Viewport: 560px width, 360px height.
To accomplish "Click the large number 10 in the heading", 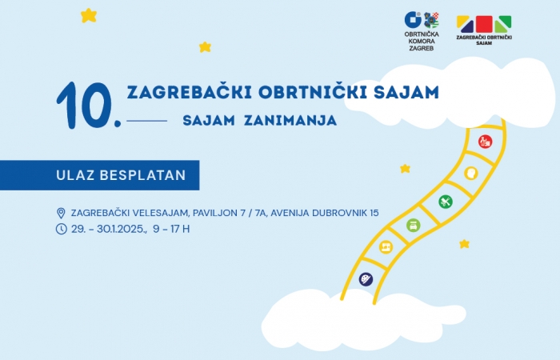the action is (86, 106).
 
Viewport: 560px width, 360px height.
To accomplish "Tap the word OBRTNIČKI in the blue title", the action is (313, 91).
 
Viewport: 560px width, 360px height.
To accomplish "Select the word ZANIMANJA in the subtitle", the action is (290, 120).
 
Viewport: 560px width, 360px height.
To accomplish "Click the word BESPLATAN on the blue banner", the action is (142, 175).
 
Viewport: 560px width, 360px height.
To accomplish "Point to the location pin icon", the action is (61, 213).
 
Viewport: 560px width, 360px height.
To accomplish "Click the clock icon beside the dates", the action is (61, 229).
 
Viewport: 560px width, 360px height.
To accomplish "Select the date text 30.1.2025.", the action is (122, 229).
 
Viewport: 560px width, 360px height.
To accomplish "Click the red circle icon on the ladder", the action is (485, 142).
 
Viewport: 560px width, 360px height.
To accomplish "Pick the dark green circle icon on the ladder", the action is (446, 202).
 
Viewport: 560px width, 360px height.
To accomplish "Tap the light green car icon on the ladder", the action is (414, 226).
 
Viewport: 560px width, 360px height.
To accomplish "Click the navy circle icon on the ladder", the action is (366, 279).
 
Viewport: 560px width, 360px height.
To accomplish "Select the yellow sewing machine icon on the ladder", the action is (386, 246).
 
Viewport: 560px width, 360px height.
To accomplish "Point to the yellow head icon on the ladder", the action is (471, 174).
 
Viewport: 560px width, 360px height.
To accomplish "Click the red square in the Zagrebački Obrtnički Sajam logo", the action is (484, 24).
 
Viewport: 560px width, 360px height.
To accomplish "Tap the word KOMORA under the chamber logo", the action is (422, 41).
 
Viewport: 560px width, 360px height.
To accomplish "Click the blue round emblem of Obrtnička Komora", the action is (414, 20).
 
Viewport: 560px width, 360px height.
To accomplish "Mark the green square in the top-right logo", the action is (503, 24).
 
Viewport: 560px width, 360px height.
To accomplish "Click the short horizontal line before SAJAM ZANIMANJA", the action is (146, 121).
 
